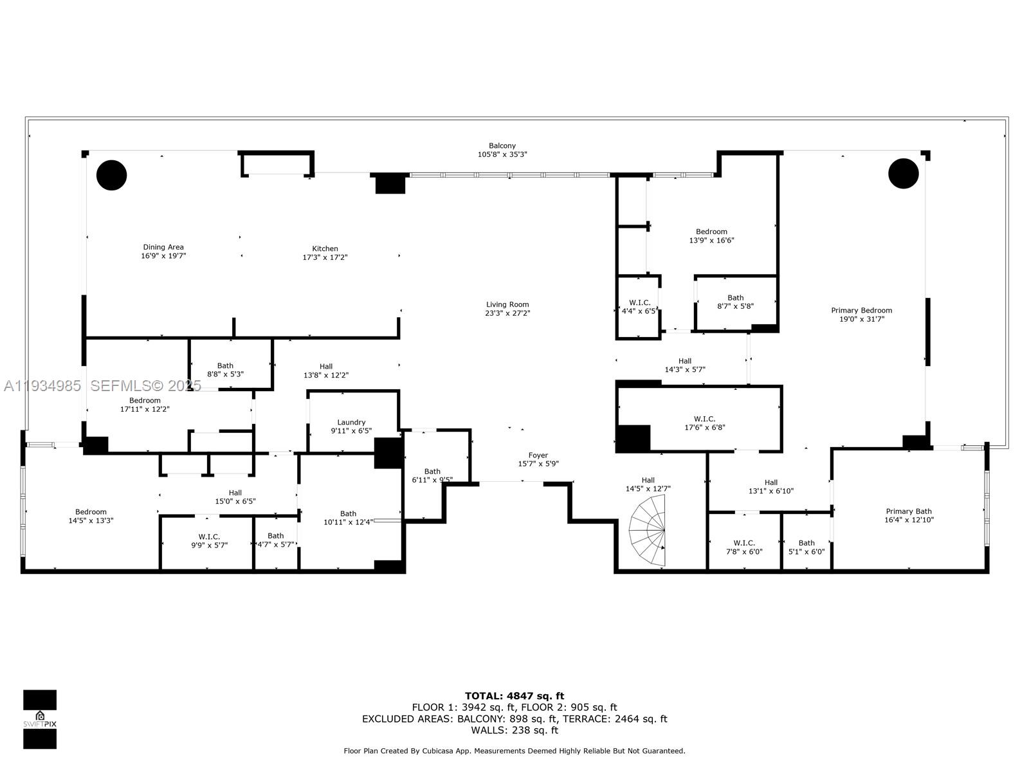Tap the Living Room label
(x=507, y=304)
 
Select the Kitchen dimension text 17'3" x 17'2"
(x=325, y=257)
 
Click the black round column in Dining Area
(x=112, y=174)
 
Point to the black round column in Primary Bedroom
(x=903, y=174)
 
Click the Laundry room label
(x=351, y=422)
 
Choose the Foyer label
(x=538, y=455)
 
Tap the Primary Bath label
(x=908, y=511)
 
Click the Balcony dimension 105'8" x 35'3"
(x=502, y=154)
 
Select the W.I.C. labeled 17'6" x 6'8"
(x=704, y=423)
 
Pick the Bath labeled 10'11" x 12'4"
(x=348, y=517)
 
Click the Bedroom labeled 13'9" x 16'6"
(x=711, y=235)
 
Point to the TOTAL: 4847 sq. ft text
(x=514, y=695)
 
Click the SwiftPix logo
(x=40, y=719)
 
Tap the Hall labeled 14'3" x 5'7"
(x=685, y=365)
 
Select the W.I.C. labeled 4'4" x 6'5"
(x=639, y=306)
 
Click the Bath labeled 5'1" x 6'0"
(x=806, y=547)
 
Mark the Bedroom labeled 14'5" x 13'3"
(x=91, y=516)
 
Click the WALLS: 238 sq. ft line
(x=514, y=730)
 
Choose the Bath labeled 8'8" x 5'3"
(x=225, y=369)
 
